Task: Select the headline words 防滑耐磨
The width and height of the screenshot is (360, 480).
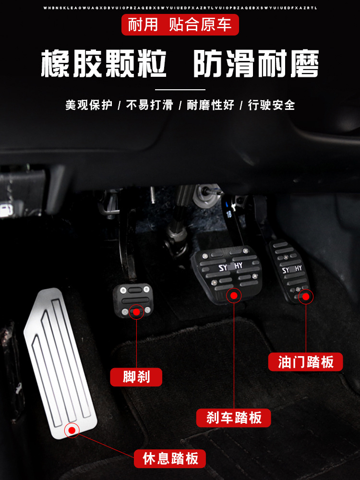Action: click(256, 64)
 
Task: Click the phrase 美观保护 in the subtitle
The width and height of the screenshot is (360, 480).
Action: click(89, 105)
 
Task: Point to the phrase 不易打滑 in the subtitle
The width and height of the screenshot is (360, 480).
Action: click(149, 105)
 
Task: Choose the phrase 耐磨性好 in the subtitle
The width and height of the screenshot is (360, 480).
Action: click(210, 105)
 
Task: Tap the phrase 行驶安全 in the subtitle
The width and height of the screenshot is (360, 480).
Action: click(271, 105)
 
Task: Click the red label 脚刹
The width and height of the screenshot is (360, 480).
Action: click(136, 377)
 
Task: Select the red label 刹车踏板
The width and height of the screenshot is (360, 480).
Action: click(234, 418)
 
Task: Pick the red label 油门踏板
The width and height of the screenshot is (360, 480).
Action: click(306, 361)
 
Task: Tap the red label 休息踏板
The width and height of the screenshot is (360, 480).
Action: click(170, 458)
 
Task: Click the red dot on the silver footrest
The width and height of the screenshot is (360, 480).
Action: click(72, 430)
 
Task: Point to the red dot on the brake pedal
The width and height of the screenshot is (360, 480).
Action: click(234, 296)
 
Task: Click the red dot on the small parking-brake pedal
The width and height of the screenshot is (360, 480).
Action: click(137, 312)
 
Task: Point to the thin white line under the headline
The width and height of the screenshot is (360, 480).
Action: click(180, 89)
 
